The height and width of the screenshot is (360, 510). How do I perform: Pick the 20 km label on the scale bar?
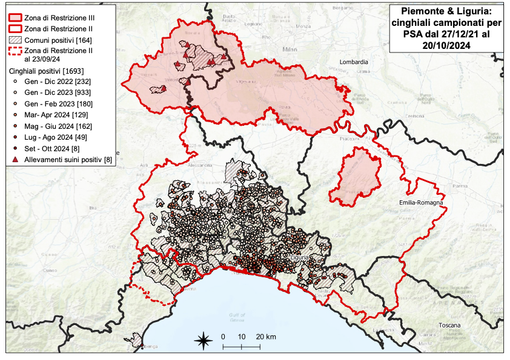265,336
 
